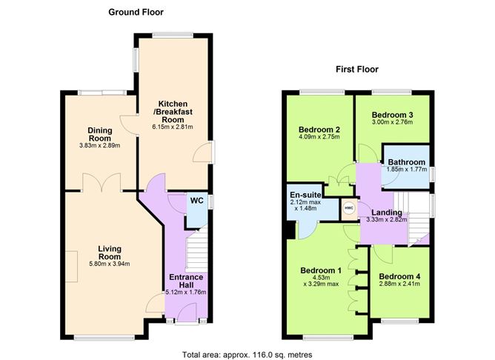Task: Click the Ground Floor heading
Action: (x=136, y=12)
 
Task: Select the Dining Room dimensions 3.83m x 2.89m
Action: (x=99, y=145)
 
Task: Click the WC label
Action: (x=196, y=200)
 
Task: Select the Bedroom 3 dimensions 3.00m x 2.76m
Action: (x=392, y=125)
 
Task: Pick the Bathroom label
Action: (x=407, y=162)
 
